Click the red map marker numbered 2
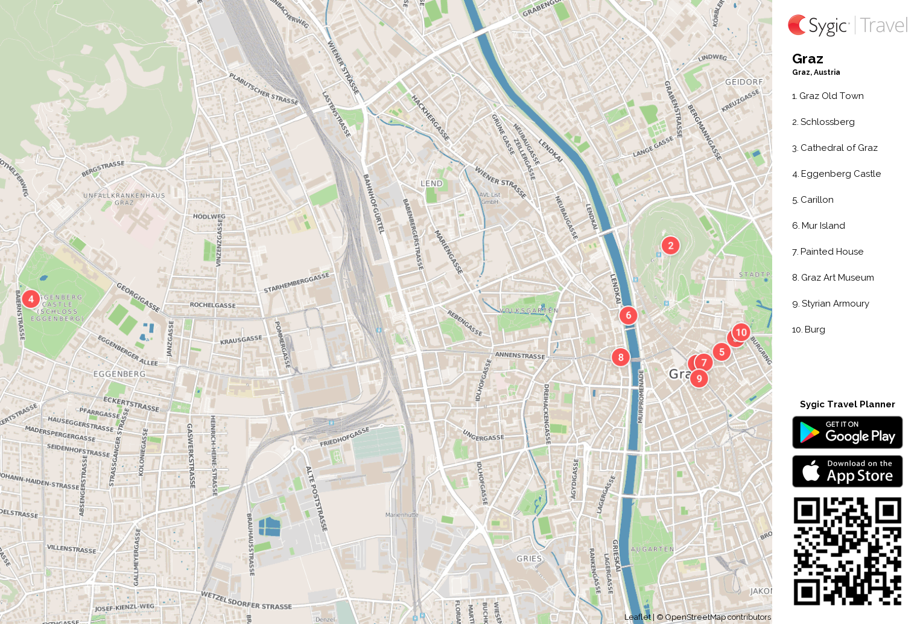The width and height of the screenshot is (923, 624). (x=670, y=246)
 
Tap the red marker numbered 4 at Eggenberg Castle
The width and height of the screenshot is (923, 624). (x=31, y=299)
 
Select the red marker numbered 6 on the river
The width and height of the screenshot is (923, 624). (x=628, y=315)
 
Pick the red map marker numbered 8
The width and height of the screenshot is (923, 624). (x=621, y=357)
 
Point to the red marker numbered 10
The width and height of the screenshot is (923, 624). (x=741, y=333)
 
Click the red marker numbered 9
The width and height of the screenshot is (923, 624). (x=699, y=378)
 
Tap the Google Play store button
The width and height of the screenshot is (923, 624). (x=847, y=433)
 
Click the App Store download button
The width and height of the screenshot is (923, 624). (x=847, y=471)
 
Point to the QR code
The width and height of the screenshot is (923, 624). (x=847, y=551)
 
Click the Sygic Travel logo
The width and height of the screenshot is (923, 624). (x=848, y=25)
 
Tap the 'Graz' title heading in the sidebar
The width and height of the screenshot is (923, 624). (x=808, y=59)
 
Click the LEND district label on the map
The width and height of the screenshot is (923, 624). (x=431, y=183)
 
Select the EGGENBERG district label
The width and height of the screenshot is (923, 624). (x=119, y=374)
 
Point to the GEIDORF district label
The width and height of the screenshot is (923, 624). (x=744, y=82)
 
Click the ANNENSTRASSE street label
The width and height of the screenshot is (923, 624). (x=520, y=355)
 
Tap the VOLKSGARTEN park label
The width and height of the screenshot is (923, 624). (x=529, y=310)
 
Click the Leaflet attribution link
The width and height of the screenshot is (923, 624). (x=637, y=617)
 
